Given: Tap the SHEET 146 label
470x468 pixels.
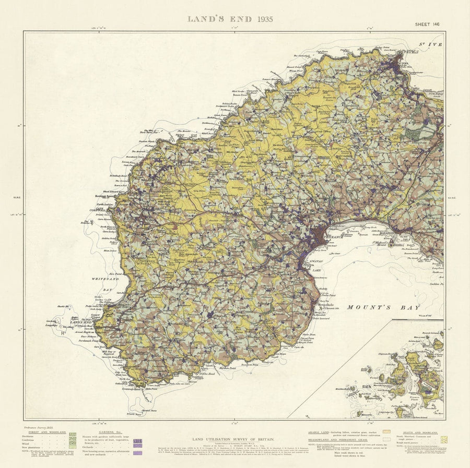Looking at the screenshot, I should [427, 24].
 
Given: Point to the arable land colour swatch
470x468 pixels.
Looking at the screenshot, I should [387, 433].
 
